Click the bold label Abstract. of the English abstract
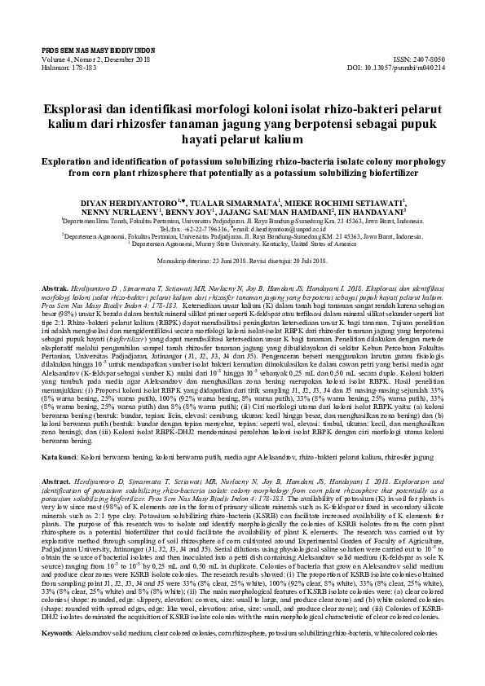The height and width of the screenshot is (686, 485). tap(56, 482)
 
